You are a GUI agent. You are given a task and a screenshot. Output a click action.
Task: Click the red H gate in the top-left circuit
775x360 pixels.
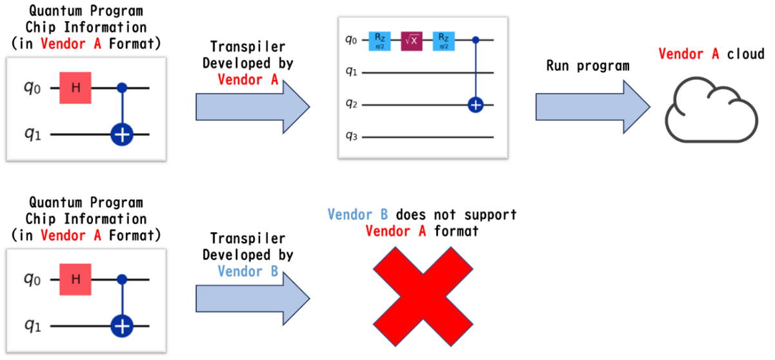coord(75,88)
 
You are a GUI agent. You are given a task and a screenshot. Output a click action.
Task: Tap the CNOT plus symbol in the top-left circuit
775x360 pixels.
coord(121,135)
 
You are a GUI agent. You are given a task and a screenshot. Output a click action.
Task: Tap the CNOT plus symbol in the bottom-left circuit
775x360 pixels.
coord(121,326)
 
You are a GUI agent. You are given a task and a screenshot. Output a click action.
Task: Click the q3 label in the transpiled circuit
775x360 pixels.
coord(352,136)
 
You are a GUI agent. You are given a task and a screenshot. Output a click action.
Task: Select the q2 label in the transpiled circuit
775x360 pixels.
coord(352,104)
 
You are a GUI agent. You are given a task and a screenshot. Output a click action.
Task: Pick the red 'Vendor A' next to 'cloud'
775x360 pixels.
coord(689,54)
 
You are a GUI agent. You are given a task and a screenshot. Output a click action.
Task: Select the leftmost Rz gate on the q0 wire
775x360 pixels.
coord(379,40)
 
